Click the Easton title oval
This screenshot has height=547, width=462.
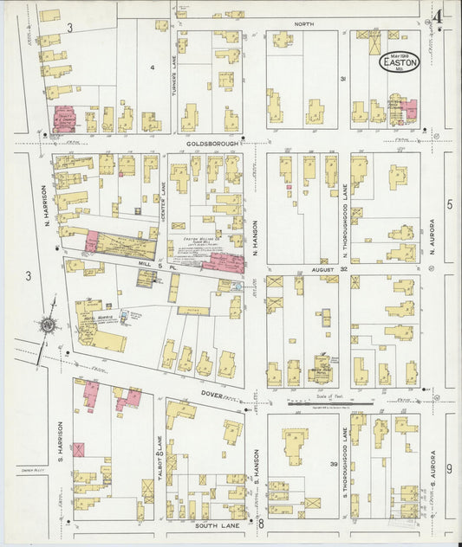(x=400, y=61)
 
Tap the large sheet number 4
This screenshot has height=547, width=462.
(x=439, y=17)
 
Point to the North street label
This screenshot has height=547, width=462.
(x=303, y=23)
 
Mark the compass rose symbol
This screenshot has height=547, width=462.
(x=44, y=325)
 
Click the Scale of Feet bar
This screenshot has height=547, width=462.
(x=330, y=402)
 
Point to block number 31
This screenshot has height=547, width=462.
(x=344, y=80)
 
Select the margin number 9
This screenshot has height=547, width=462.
(x=449, y=468)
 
